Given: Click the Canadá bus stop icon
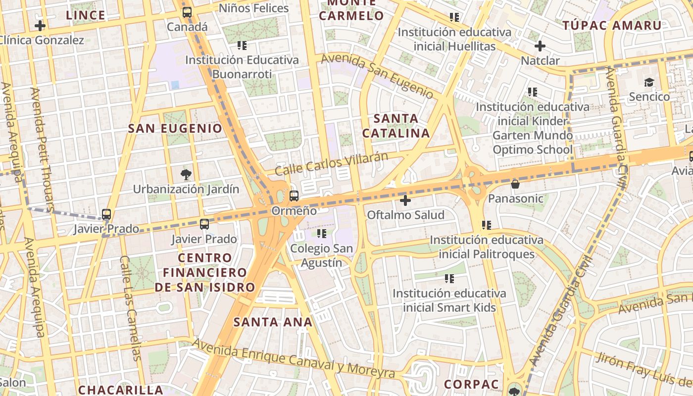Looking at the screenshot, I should pyautogui.click(x=187, y=12).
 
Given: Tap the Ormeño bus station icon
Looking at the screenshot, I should pyautogui.click(x=294, y=196).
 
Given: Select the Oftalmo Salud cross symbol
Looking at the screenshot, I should pyautogui.click(x=405, y=200).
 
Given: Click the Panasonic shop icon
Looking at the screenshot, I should pyautogui.click(x=515, y=184).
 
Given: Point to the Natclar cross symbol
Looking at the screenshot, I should pyautogui.click(x=540, y=47).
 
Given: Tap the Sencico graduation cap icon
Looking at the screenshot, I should pyautogui.click(x=649, y=82).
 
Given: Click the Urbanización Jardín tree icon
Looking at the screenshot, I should pyautogui.click(x=186, y=174).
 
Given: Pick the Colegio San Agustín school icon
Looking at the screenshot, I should pyautogui.click(x=322, y=233).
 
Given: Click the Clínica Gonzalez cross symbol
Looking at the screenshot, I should pyautogui.click(x=40, y=26).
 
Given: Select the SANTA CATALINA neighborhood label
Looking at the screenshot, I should pyautogui.click(x=396, y=126).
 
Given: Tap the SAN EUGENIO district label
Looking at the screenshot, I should pyautogui.click(x=175, y=129).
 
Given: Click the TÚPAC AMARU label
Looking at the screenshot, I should pyautogui.click(x=612, y=26).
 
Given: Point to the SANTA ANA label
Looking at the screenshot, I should pyautogui.click(x=273, y=322).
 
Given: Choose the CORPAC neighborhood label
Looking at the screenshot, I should pyautogui.click(x=471, y=385).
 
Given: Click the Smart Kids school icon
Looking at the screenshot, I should pyautogui.click(x=449, y=279).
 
